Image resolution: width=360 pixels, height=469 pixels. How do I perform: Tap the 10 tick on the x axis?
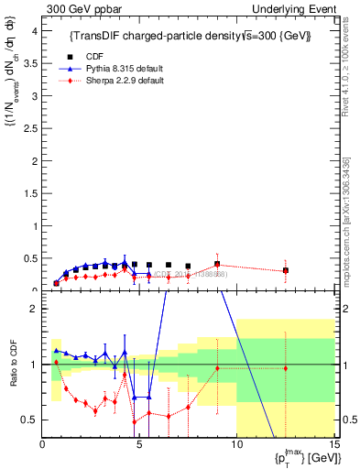[236, 446]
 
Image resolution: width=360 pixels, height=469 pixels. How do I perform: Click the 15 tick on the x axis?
[333, 446]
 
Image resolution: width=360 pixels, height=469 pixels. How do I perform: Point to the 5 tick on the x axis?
[139, 446]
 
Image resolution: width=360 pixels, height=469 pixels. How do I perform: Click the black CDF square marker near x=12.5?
[286, 270]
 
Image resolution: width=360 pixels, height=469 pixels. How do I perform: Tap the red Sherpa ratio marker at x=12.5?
[286, 368]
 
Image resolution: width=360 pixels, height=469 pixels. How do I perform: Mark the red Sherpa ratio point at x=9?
[217, 368]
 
